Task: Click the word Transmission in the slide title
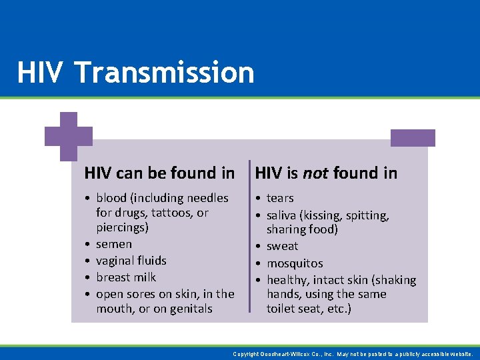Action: point(165,73)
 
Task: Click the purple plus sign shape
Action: point(69,136)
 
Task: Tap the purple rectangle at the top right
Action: point(413,138)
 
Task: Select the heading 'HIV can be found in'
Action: point(159,173)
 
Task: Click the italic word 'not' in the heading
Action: point(315,173)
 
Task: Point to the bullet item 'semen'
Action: point(114,244)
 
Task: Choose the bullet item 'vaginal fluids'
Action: point(131,261)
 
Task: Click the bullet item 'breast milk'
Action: point(126,277)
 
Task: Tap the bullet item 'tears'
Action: point(280,198)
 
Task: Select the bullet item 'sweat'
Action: point(283,246)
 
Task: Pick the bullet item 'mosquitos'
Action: point(295,263)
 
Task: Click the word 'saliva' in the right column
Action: point(283,215)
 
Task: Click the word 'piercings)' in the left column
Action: point(123,227)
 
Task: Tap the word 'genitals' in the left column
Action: point(191,309)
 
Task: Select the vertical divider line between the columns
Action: point(250,236)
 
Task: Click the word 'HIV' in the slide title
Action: point(41,73)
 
